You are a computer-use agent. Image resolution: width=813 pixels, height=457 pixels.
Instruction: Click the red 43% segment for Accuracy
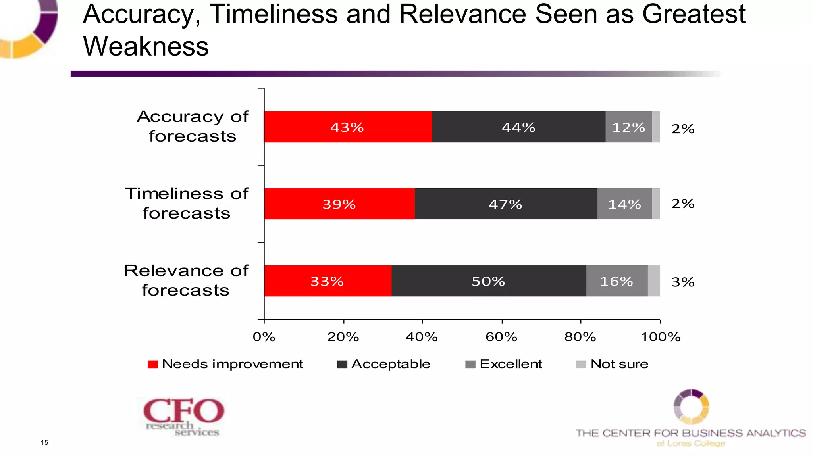point(348,127)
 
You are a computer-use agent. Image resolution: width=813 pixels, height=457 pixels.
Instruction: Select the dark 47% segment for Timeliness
point(506,204)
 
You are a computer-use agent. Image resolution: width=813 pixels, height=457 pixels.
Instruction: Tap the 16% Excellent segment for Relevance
point(616,281)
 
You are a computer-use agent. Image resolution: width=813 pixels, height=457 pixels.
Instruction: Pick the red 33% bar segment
point(328,281)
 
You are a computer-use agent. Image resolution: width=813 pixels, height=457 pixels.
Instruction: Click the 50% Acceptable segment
point(488,281)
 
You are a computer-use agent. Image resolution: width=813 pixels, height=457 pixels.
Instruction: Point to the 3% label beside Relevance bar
point(683,282)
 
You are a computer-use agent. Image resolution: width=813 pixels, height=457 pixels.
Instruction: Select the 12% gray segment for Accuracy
point(628,127)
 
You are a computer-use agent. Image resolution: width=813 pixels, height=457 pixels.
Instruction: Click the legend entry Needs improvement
point(225,364)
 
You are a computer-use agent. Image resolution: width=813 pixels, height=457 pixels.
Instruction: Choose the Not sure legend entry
point(613,364)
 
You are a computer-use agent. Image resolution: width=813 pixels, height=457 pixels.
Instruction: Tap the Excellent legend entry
point(504,364)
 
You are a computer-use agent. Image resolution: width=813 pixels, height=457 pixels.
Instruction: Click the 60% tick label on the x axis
point(501,337)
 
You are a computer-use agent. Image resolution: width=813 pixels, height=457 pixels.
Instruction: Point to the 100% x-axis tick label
point(661,337)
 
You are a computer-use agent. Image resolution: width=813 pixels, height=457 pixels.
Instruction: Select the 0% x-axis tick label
point(264,337)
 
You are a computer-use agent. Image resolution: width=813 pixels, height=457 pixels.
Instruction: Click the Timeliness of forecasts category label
point(187,203)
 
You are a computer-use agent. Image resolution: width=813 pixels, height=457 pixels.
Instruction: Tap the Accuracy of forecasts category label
point(193,126)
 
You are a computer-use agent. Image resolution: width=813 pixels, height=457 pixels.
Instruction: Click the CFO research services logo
point(183,417)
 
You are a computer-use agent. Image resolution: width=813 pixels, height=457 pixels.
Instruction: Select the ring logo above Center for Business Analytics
point(691,407)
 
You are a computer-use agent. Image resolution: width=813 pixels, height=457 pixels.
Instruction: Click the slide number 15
point(44,442)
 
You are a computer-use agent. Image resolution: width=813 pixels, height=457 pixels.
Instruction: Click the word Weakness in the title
point(146,46)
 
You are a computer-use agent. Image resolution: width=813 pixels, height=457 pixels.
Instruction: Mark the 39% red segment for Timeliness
point(339,204)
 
